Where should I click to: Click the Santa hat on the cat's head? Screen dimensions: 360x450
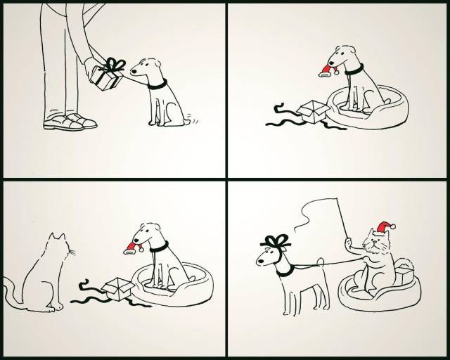click(382, 227)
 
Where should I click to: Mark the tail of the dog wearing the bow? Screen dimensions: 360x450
click(319, 268)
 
